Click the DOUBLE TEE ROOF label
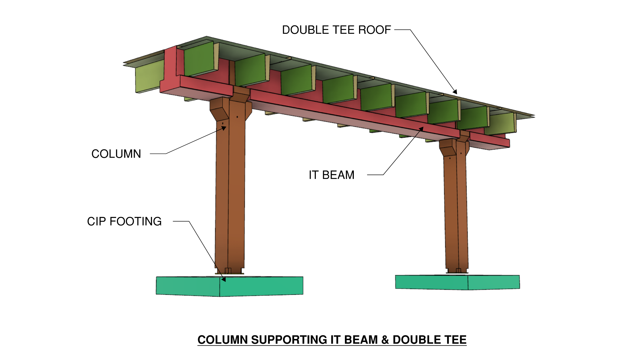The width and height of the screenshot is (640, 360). (x=336, y=30)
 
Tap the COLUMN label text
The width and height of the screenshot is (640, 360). (x=116, y=154)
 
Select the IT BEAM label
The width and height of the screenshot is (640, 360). (x=331, y=175)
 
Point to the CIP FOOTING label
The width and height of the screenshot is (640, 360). (x=124, y=221)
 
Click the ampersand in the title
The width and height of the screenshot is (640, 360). (x=385, y=340)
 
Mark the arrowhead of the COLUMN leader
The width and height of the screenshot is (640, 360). (x=224, y=128)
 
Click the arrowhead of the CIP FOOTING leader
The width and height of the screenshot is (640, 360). (x=224, y=279)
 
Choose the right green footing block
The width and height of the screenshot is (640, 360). (x=457, y=282)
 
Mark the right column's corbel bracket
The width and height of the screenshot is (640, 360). (x=447, y=148)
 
